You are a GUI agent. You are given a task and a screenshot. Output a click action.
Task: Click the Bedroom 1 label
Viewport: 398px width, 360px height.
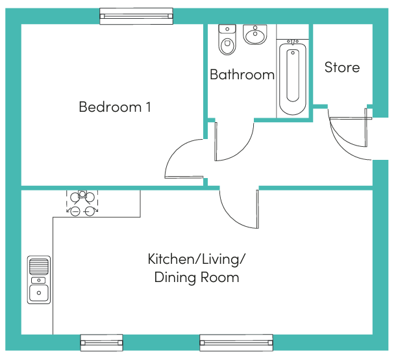115,107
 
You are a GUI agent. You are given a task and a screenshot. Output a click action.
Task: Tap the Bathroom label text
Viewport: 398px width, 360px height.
242,75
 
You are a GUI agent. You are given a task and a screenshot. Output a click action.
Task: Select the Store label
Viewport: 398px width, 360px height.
342,68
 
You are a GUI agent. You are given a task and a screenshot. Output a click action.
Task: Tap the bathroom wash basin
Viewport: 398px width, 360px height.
255,34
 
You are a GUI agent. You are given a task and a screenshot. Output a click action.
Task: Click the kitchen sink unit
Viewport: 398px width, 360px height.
39,279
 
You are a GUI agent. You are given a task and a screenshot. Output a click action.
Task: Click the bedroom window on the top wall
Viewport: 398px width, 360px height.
136,16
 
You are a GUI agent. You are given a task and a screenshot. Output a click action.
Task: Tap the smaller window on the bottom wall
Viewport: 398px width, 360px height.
101,342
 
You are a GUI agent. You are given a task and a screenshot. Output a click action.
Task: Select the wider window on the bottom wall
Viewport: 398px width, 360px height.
236,342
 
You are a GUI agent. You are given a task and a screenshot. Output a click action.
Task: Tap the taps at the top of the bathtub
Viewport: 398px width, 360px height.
293,42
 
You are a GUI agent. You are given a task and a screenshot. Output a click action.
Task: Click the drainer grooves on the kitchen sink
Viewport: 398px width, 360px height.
39,266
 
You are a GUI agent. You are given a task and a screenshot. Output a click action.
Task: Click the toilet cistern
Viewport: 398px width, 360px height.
227,29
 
